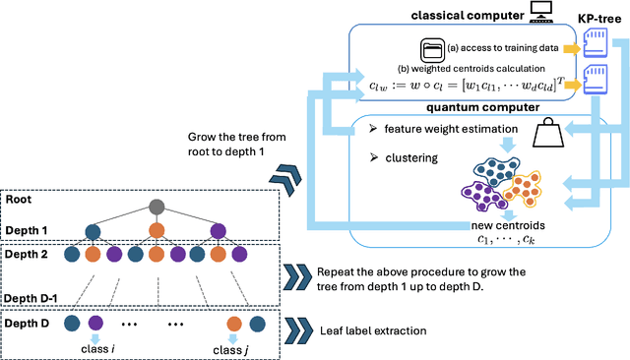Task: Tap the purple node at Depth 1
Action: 218,232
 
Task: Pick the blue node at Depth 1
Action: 94,232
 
